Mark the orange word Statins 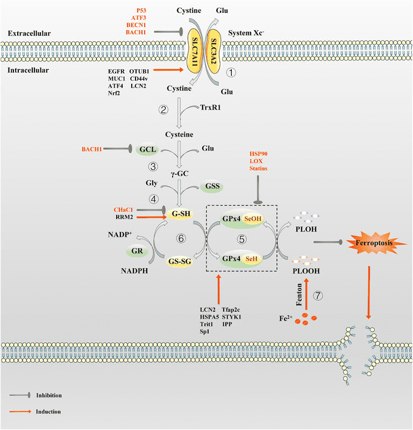[x=258, y=169]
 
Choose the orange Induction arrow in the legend [x=20, y=411]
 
